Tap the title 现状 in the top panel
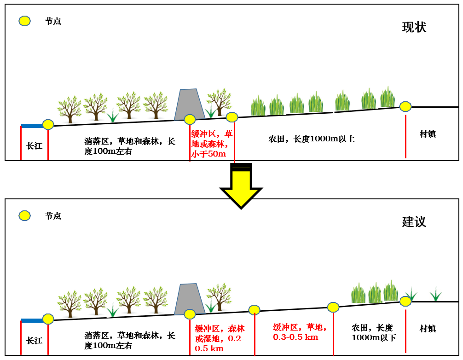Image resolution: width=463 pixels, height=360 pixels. coord(414,27)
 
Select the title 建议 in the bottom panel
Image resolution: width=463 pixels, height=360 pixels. coord(414,221)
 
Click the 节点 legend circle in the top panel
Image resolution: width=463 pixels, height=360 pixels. coord(24,21)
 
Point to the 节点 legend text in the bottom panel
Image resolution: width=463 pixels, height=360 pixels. coord(53,216)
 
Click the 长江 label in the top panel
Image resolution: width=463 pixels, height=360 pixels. coord(35,146)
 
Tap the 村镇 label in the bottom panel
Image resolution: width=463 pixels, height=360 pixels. coord(428,329)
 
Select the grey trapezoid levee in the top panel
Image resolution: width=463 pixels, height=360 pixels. coord(190,104)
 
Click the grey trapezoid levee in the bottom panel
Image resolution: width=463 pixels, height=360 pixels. coord(190,298)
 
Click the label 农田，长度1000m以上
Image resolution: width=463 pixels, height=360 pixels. coord(312,139)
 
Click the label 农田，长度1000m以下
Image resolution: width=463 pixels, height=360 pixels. coord(372,332)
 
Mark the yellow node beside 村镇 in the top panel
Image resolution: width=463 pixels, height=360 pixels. coord(405,106)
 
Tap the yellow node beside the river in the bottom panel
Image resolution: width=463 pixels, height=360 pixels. coord(48,319)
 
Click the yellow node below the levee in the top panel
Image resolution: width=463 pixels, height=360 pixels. coord(190,120)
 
